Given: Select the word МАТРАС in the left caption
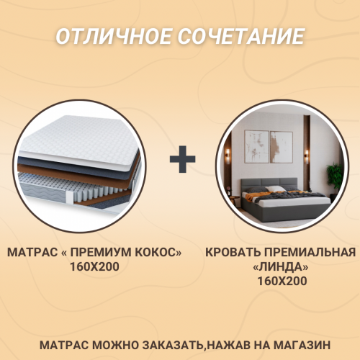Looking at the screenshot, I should pyautogui.click(x=32, y=253).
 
